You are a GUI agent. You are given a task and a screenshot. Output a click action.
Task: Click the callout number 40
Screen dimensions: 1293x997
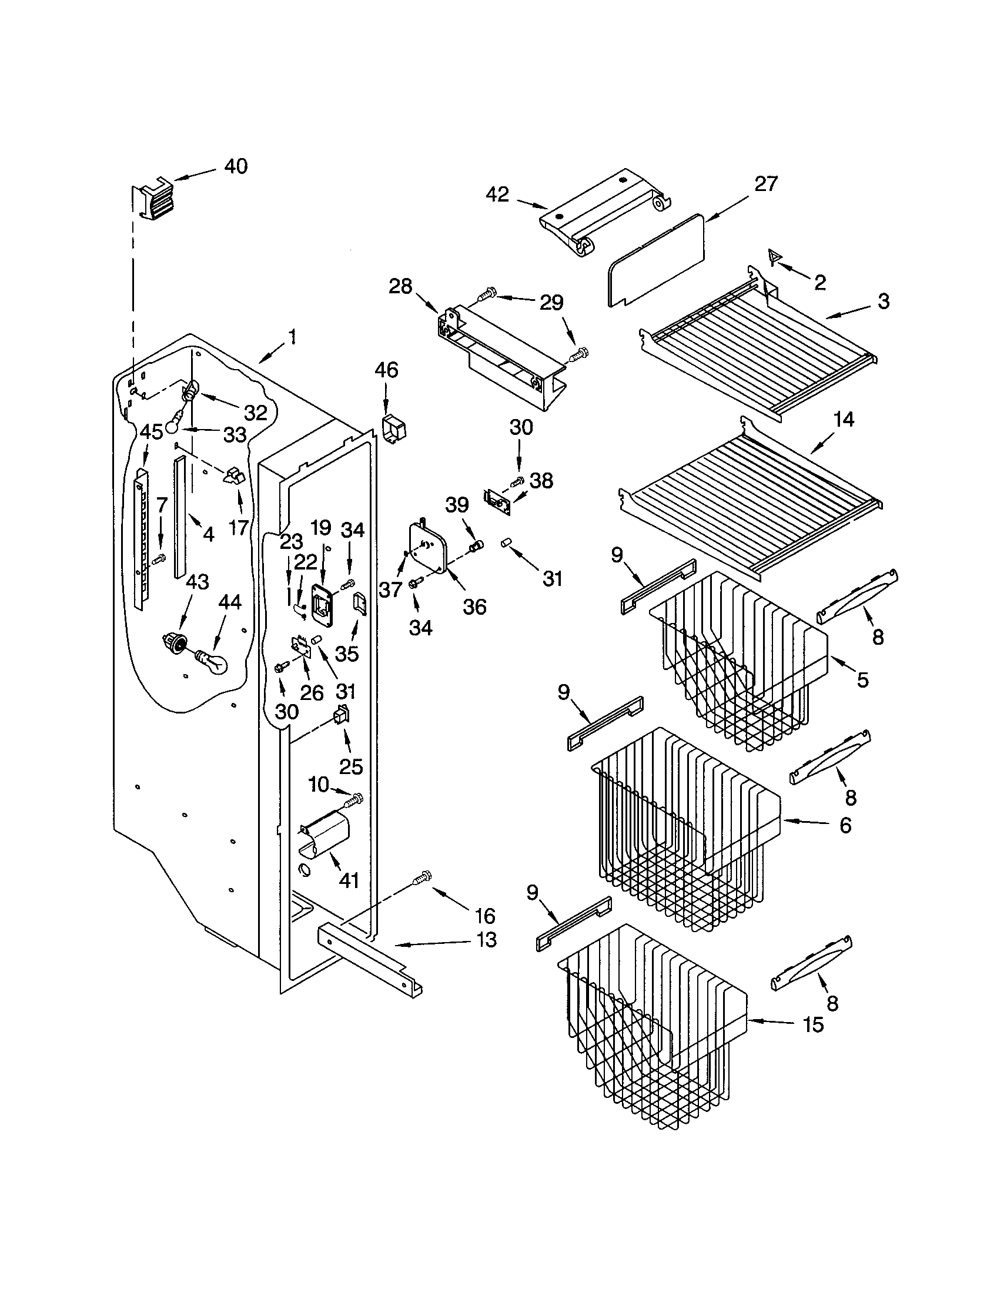point(236,166)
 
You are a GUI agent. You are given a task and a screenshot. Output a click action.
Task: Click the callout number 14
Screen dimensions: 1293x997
point(844,420)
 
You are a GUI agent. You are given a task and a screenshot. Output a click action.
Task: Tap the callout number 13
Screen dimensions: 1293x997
point(486,940)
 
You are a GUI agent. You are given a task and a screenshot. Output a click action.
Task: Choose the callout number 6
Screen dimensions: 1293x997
point(845,825)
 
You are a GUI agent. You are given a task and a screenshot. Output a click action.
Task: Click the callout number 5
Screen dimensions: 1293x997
point(862,679)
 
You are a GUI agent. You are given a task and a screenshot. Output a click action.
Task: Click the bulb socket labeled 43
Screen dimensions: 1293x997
point(173,642)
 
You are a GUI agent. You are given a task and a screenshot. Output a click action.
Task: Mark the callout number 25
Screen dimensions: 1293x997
point(350,766)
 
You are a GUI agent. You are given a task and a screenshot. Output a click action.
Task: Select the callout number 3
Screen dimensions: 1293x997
point(883,302)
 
